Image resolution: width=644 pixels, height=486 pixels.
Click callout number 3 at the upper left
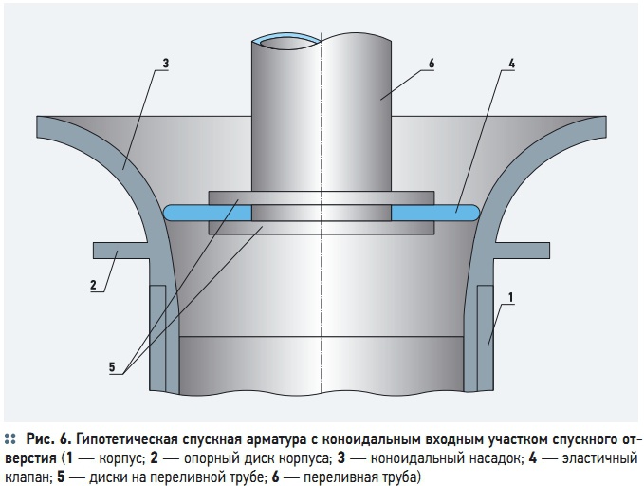pyautogui.click(x=166, y=64)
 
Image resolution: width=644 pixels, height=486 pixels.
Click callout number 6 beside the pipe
pyautogui.click(x=432, y=64)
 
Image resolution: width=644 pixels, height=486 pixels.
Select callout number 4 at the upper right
pyautogui.click(x=511, y=64)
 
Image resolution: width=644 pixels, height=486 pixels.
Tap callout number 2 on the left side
pyautogui.click(x=93, y=285)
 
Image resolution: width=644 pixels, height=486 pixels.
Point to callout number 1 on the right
pyautogui.click(x=511, y=297)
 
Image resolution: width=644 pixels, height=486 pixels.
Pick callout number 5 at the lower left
pyautogui.click(x=112, y=367)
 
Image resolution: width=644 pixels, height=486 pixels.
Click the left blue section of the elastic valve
pyautogui.click(x=208, y=214)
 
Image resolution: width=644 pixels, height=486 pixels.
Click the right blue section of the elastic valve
pyautogui.click(x=435, y=214)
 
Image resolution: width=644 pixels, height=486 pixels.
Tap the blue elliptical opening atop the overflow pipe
pyautogui.click(x=286, y=39)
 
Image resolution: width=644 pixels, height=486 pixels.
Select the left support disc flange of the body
pyautogui.click(x=120, y=251)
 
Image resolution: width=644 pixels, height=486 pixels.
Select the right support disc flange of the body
pyautogui.click(x=522, y=251)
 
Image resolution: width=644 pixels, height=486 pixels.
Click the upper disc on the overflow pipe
pyautogui.click(x=322, y=198)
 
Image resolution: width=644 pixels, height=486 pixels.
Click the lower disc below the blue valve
pyautogui.click(x=322, y=228)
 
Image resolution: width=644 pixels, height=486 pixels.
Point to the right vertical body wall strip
pyautogui.click(x=485, y=338)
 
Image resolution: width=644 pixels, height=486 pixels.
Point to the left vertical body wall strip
pyautogui.click(x=157, y=338)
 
